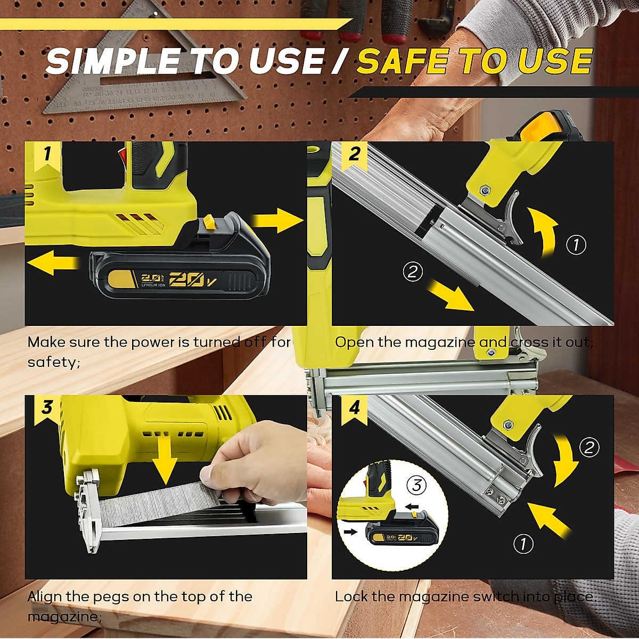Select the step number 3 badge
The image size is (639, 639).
point(47,408)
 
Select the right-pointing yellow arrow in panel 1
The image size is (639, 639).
point(277,220)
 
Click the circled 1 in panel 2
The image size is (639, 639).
point(576,245)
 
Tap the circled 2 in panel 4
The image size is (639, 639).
point(589,447)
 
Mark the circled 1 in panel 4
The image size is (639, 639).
point(523,544)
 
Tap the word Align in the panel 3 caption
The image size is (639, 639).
point(45,596)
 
